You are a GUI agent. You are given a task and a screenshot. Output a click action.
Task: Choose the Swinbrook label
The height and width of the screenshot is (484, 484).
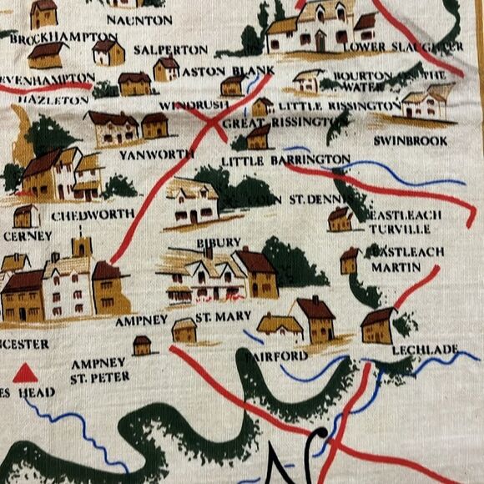pos(411,141)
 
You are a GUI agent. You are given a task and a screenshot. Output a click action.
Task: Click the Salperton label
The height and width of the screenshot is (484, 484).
pos(170,50)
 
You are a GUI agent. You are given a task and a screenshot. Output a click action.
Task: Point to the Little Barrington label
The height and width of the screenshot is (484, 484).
pos(285,159)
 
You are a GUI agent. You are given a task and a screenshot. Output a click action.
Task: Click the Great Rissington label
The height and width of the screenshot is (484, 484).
pos(267,124)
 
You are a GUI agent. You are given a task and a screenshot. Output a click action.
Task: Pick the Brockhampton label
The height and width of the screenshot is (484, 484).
pos(63,38)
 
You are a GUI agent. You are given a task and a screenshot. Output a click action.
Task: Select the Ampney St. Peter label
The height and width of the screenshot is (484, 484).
pos(100,370)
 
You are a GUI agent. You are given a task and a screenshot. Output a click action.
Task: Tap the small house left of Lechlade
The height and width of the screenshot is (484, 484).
pos(378,324)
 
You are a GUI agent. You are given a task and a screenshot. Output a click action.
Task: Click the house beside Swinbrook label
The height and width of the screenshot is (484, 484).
pos(426,103)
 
